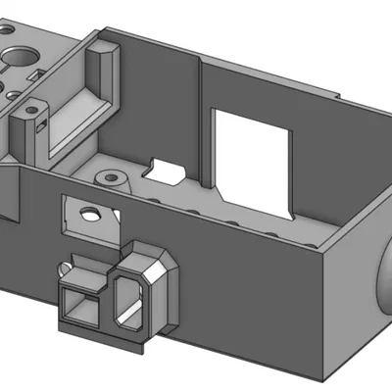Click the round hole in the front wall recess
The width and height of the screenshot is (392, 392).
pos(90,212)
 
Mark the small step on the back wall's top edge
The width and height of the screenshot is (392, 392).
pos(338,96)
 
